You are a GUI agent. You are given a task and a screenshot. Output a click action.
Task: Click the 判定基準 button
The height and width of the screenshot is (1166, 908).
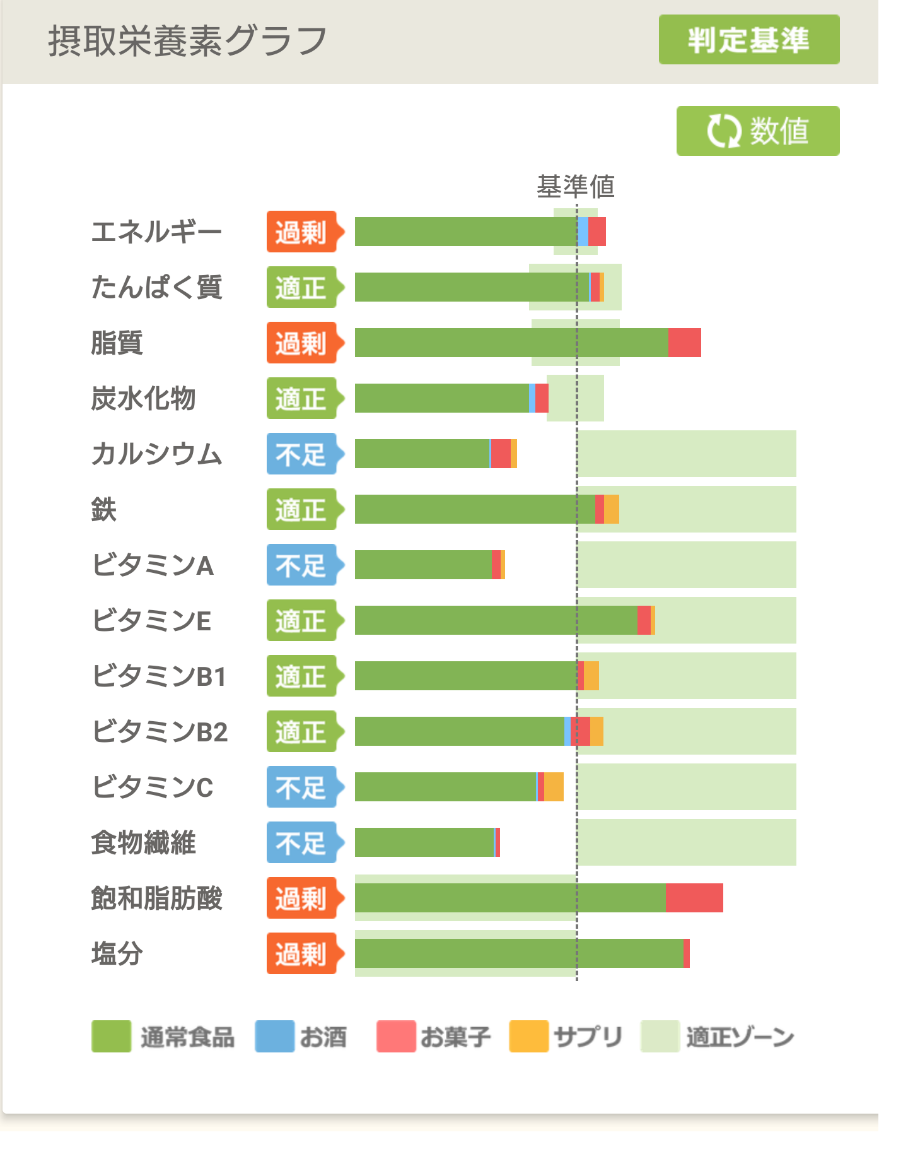click(x=748, y=40)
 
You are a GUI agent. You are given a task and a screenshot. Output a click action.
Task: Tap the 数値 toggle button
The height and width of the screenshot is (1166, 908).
click(x=757, y=131)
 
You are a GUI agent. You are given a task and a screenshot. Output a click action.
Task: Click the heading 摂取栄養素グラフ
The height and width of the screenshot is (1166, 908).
click(x=187, y=41)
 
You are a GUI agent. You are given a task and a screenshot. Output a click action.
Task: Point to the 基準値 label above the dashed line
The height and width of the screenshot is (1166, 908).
click(x=575, y=186)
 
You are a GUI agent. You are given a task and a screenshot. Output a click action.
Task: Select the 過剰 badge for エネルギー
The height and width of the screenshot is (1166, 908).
click(x=302, y=232)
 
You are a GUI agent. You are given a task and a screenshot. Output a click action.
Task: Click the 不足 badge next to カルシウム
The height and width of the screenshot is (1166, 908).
click(x=302, y=454)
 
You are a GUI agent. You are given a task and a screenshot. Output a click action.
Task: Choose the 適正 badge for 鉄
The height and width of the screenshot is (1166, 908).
click(x=302, y=510)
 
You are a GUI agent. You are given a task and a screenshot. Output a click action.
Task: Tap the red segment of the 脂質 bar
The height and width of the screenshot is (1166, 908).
click(x=684, y=343)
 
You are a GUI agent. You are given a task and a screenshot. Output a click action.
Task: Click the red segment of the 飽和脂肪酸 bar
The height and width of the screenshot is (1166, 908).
click(x=694, y=898)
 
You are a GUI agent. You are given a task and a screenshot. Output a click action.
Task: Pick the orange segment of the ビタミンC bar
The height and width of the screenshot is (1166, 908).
click(x=554, y=787)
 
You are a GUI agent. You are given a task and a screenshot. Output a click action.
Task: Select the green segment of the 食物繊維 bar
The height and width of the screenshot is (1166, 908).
click(x=424, y=842)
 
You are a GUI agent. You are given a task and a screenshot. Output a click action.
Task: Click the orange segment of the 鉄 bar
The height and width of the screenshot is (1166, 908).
click(x=612, y=509)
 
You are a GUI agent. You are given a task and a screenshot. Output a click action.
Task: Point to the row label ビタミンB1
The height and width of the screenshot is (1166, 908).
click(x=159, y=676)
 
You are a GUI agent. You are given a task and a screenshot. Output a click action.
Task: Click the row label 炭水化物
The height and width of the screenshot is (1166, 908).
click(x=143, y=399)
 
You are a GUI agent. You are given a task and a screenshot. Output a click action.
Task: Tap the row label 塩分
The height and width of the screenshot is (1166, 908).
click(x=117, y=953)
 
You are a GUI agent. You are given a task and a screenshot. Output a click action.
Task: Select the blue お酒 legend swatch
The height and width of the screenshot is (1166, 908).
click(x=274, y=1037)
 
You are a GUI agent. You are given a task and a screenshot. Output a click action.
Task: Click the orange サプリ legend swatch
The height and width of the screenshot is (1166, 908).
click(x=528, y=1037)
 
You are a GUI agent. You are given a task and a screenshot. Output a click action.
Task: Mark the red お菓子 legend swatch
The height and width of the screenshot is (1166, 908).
click(x=395, y=1037)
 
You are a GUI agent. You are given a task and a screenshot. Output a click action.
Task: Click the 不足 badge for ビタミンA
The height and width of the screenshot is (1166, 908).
click(x=302, y=565)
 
